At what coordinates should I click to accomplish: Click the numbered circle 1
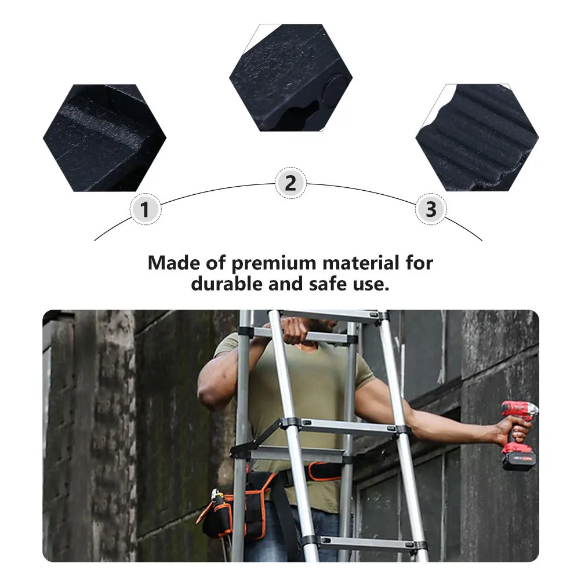[x=145, y=209]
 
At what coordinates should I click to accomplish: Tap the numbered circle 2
[x=291, y=183]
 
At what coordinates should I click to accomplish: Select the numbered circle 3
[x=431, y=209]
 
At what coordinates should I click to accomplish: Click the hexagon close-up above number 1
[x=104, y=138]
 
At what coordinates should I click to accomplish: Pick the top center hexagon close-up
[x=291, y=78]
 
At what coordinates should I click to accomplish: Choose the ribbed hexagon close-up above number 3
[x=477, y=137]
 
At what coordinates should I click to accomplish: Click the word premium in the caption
[x=274, y=263]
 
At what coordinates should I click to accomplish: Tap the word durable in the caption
[x=227, y=284]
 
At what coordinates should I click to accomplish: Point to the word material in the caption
[x=361, y=263]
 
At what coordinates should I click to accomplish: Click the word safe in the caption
[x=329, y=284]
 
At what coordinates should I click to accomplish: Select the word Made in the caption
[x=174, y=263]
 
